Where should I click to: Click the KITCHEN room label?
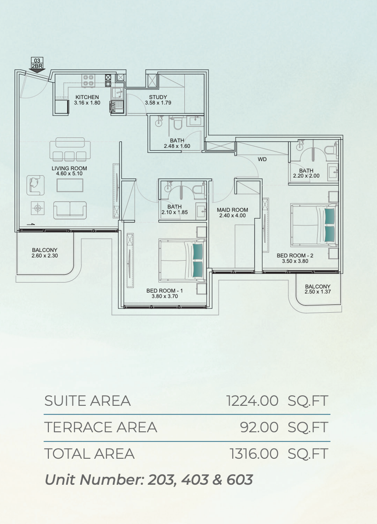[87, 97]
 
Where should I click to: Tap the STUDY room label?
[158, 97]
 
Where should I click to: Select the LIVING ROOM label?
[69, 168]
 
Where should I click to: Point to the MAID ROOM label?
[233, 210]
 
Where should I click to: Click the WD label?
[262, 159]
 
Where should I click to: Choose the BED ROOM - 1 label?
[165, 291]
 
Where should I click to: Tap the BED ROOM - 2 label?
[295, 256]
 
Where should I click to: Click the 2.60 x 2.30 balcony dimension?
[45, 256]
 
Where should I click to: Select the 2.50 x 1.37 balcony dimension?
[318, 292]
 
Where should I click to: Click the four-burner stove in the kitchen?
[89, 80]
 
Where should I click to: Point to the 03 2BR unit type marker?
[37, 64]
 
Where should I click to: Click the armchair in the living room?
[36, 185]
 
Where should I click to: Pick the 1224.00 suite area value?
[252, 401]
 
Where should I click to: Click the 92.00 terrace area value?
[259, 427]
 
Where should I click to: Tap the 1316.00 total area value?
[254, 454]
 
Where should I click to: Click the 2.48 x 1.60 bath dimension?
[177, 146]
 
